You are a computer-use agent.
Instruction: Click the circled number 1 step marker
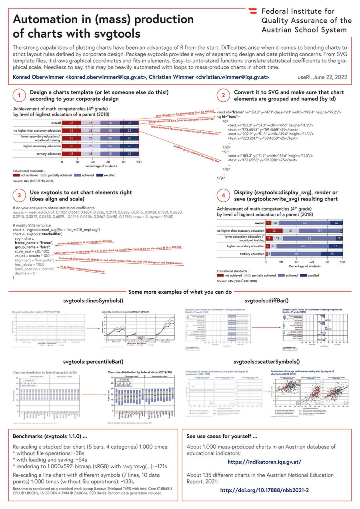click(x=19, y=96)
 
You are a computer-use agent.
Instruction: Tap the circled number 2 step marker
click(x=222, y=96)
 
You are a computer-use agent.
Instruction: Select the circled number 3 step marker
click(x=19, y=195)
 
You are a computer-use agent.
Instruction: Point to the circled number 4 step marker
click(x=222, y=195)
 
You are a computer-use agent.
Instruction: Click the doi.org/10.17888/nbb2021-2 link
click(x=264, y=490)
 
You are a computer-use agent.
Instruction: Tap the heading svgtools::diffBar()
click(x=266, y=300)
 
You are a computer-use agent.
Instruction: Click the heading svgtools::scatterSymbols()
click(x=266, y=362)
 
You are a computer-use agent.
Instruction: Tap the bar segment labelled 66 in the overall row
click(x=304, y=223)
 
